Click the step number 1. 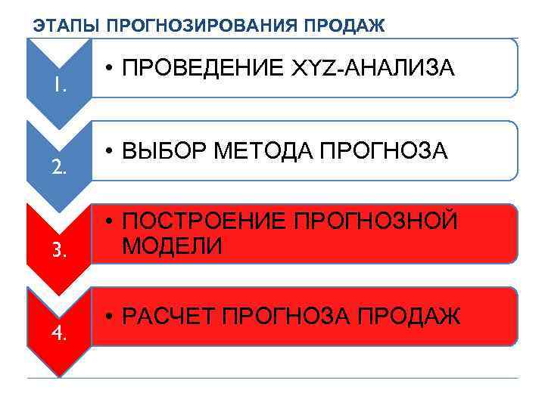click(60, 85)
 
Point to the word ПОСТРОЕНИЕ click(203, 222)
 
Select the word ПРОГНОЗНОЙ click(375, 222)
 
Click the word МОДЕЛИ click(172, 246)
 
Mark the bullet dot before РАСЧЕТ click(110, 317)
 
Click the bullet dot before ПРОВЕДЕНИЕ click(110, 70)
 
